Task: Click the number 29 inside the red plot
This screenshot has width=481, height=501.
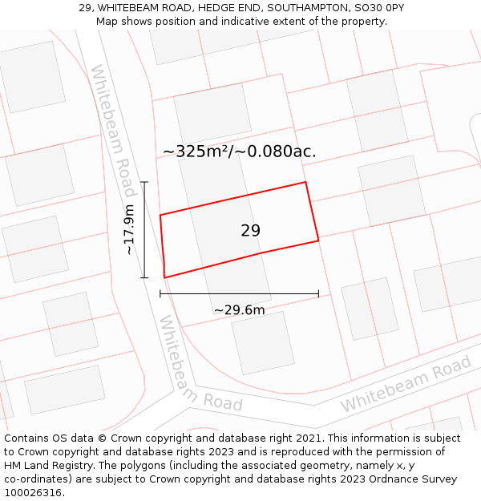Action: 250,231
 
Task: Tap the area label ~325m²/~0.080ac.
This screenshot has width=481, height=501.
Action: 239,152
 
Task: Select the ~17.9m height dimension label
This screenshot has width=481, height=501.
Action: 129,229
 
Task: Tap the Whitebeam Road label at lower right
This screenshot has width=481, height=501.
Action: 406,386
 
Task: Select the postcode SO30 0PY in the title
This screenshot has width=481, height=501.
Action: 377,8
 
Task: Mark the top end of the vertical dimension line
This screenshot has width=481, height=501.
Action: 145,183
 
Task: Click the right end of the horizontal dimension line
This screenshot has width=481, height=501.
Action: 318,293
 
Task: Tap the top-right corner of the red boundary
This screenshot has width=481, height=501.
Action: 305,183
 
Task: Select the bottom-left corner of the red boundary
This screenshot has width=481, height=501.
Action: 164,277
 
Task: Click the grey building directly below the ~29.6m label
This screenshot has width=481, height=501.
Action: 262,342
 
